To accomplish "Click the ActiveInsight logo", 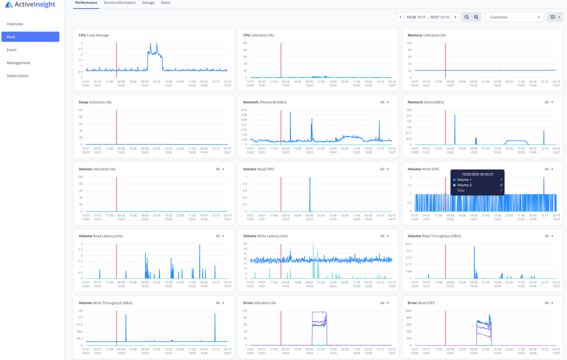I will pos(30,5).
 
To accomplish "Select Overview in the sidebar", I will pos(15,24).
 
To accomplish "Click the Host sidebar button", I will pos(30,37).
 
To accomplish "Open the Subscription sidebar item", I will pos(18,76).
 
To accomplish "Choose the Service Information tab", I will pos(119,3).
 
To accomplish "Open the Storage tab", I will pos(148,3).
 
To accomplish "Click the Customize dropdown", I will pos(515,17).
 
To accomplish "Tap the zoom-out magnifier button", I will pos(467,17).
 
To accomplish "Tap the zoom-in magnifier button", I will pos(476,17).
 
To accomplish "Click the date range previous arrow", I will pos(400,17).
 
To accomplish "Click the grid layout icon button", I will pos(555,17).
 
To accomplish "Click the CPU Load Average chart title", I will pos(94,35).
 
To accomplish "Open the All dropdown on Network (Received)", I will pos(384,102).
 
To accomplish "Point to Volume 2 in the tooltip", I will pos(464,185).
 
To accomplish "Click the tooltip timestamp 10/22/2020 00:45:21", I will pos(477,174).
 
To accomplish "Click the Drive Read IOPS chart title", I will pos(421,303).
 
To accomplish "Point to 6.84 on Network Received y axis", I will pos(244,110).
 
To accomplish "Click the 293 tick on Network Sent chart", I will pos(409,110).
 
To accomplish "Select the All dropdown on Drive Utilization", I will pos(384,303).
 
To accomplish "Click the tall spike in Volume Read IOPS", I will pos(310,192).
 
